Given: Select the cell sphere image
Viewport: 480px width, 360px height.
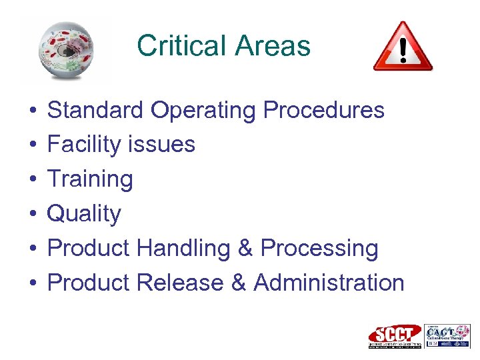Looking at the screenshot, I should tap(65, 51).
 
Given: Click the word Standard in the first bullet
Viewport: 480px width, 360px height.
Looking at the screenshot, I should tap(95, 110).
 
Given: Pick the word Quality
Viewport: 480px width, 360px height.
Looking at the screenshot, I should tap(84, 215).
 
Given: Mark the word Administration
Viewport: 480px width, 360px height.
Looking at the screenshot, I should tap(329, 283).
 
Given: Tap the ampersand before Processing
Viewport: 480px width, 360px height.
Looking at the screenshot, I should tap(245, 249).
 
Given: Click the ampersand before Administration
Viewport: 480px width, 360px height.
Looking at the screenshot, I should tap(238, 283).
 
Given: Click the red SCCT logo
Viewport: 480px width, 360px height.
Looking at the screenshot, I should tap(395, 336).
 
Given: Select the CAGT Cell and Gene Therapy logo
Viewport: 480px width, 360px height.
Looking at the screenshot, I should tap(447, 335).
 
